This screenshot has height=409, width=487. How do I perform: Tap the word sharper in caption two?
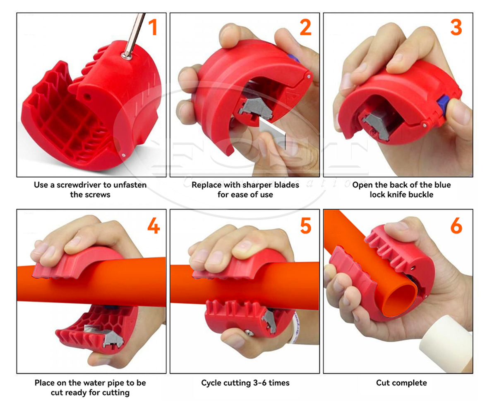point(257,185)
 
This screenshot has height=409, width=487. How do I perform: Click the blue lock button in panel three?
point(444,101)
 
